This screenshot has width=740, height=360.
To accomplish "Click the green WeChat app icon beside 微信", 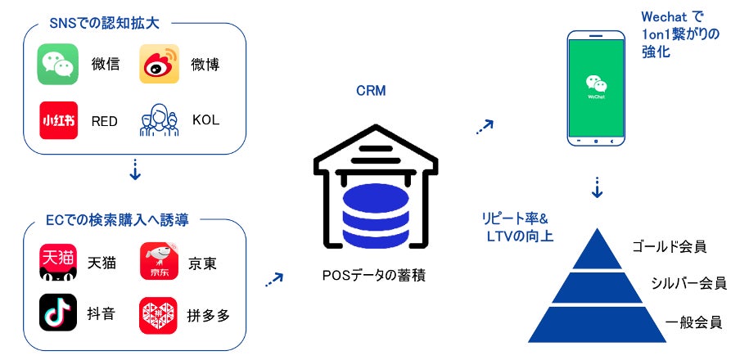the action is point(57,64).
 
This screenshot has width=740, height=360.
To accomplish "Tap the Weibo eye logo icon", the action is point(159,64).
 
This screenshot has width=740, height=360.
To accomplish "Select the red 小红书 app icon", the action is point(58,120).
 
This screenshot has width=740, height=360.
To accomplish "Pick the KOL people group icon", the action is point(160,120).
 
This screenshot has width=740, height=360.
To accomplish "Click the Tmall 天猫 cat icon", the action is point(58,263).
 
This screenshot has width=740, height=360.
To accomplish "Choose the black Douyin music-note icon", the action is point(58,312).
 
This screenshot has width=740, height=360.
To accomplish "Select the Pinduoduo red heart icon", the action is point(158,315).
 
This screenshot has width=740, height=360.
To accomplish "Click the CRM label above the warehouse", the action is point(371,91).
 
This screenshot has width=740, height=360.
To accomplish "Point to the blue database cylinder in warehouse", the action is point(376,216).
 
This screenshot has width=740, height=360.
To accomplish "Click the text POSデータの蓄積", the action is point(374,276).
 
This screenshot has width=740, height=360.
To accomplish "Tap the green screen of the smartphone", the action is point(597,88).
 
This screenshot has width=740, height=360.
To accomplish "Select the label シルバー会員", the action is point(688,283).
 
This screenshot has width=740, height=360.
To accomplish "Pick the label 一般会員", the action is point(693,322).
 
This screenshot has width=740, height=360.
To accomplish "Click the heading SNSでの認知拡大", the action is point(104,24).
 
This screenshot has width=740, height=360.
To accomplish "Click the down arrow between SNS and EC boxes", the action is point(135,170).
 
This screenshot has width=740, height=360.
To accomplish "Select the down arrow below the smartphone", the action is point(597,188).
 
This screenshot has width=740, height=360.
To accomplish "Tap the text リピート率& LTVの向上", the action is point(517,227).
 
